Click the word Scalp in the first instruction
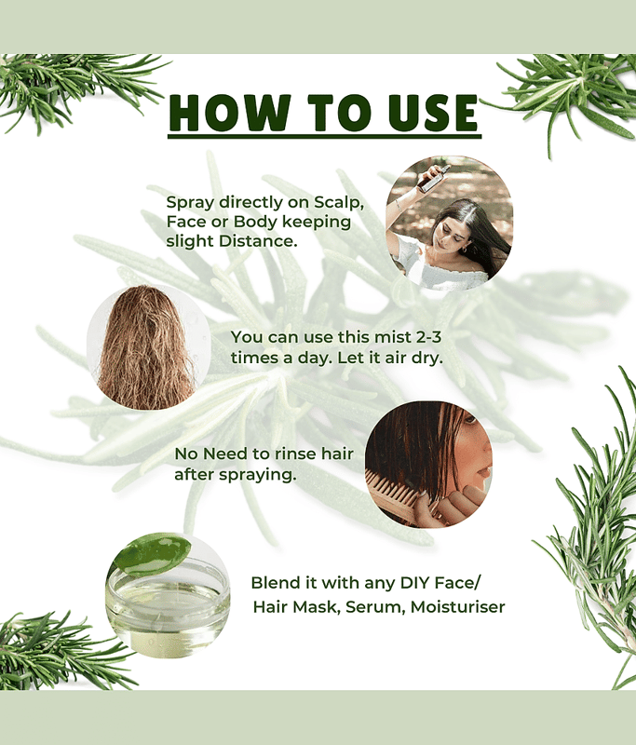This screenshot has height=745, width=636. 339,203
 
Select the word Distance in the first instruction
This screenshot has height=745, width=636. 258,241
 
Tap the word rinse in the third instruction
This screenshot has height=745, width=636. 296,454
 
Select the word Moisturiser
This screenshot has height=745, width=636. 457,607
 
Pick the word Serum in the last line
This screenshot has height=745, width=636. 375,608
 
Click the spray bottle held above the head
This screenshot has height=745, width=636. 433,178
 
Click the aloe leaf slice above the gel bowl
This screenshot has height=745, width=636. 154,554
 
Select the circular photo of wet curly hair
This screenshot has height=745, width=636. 148,347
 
